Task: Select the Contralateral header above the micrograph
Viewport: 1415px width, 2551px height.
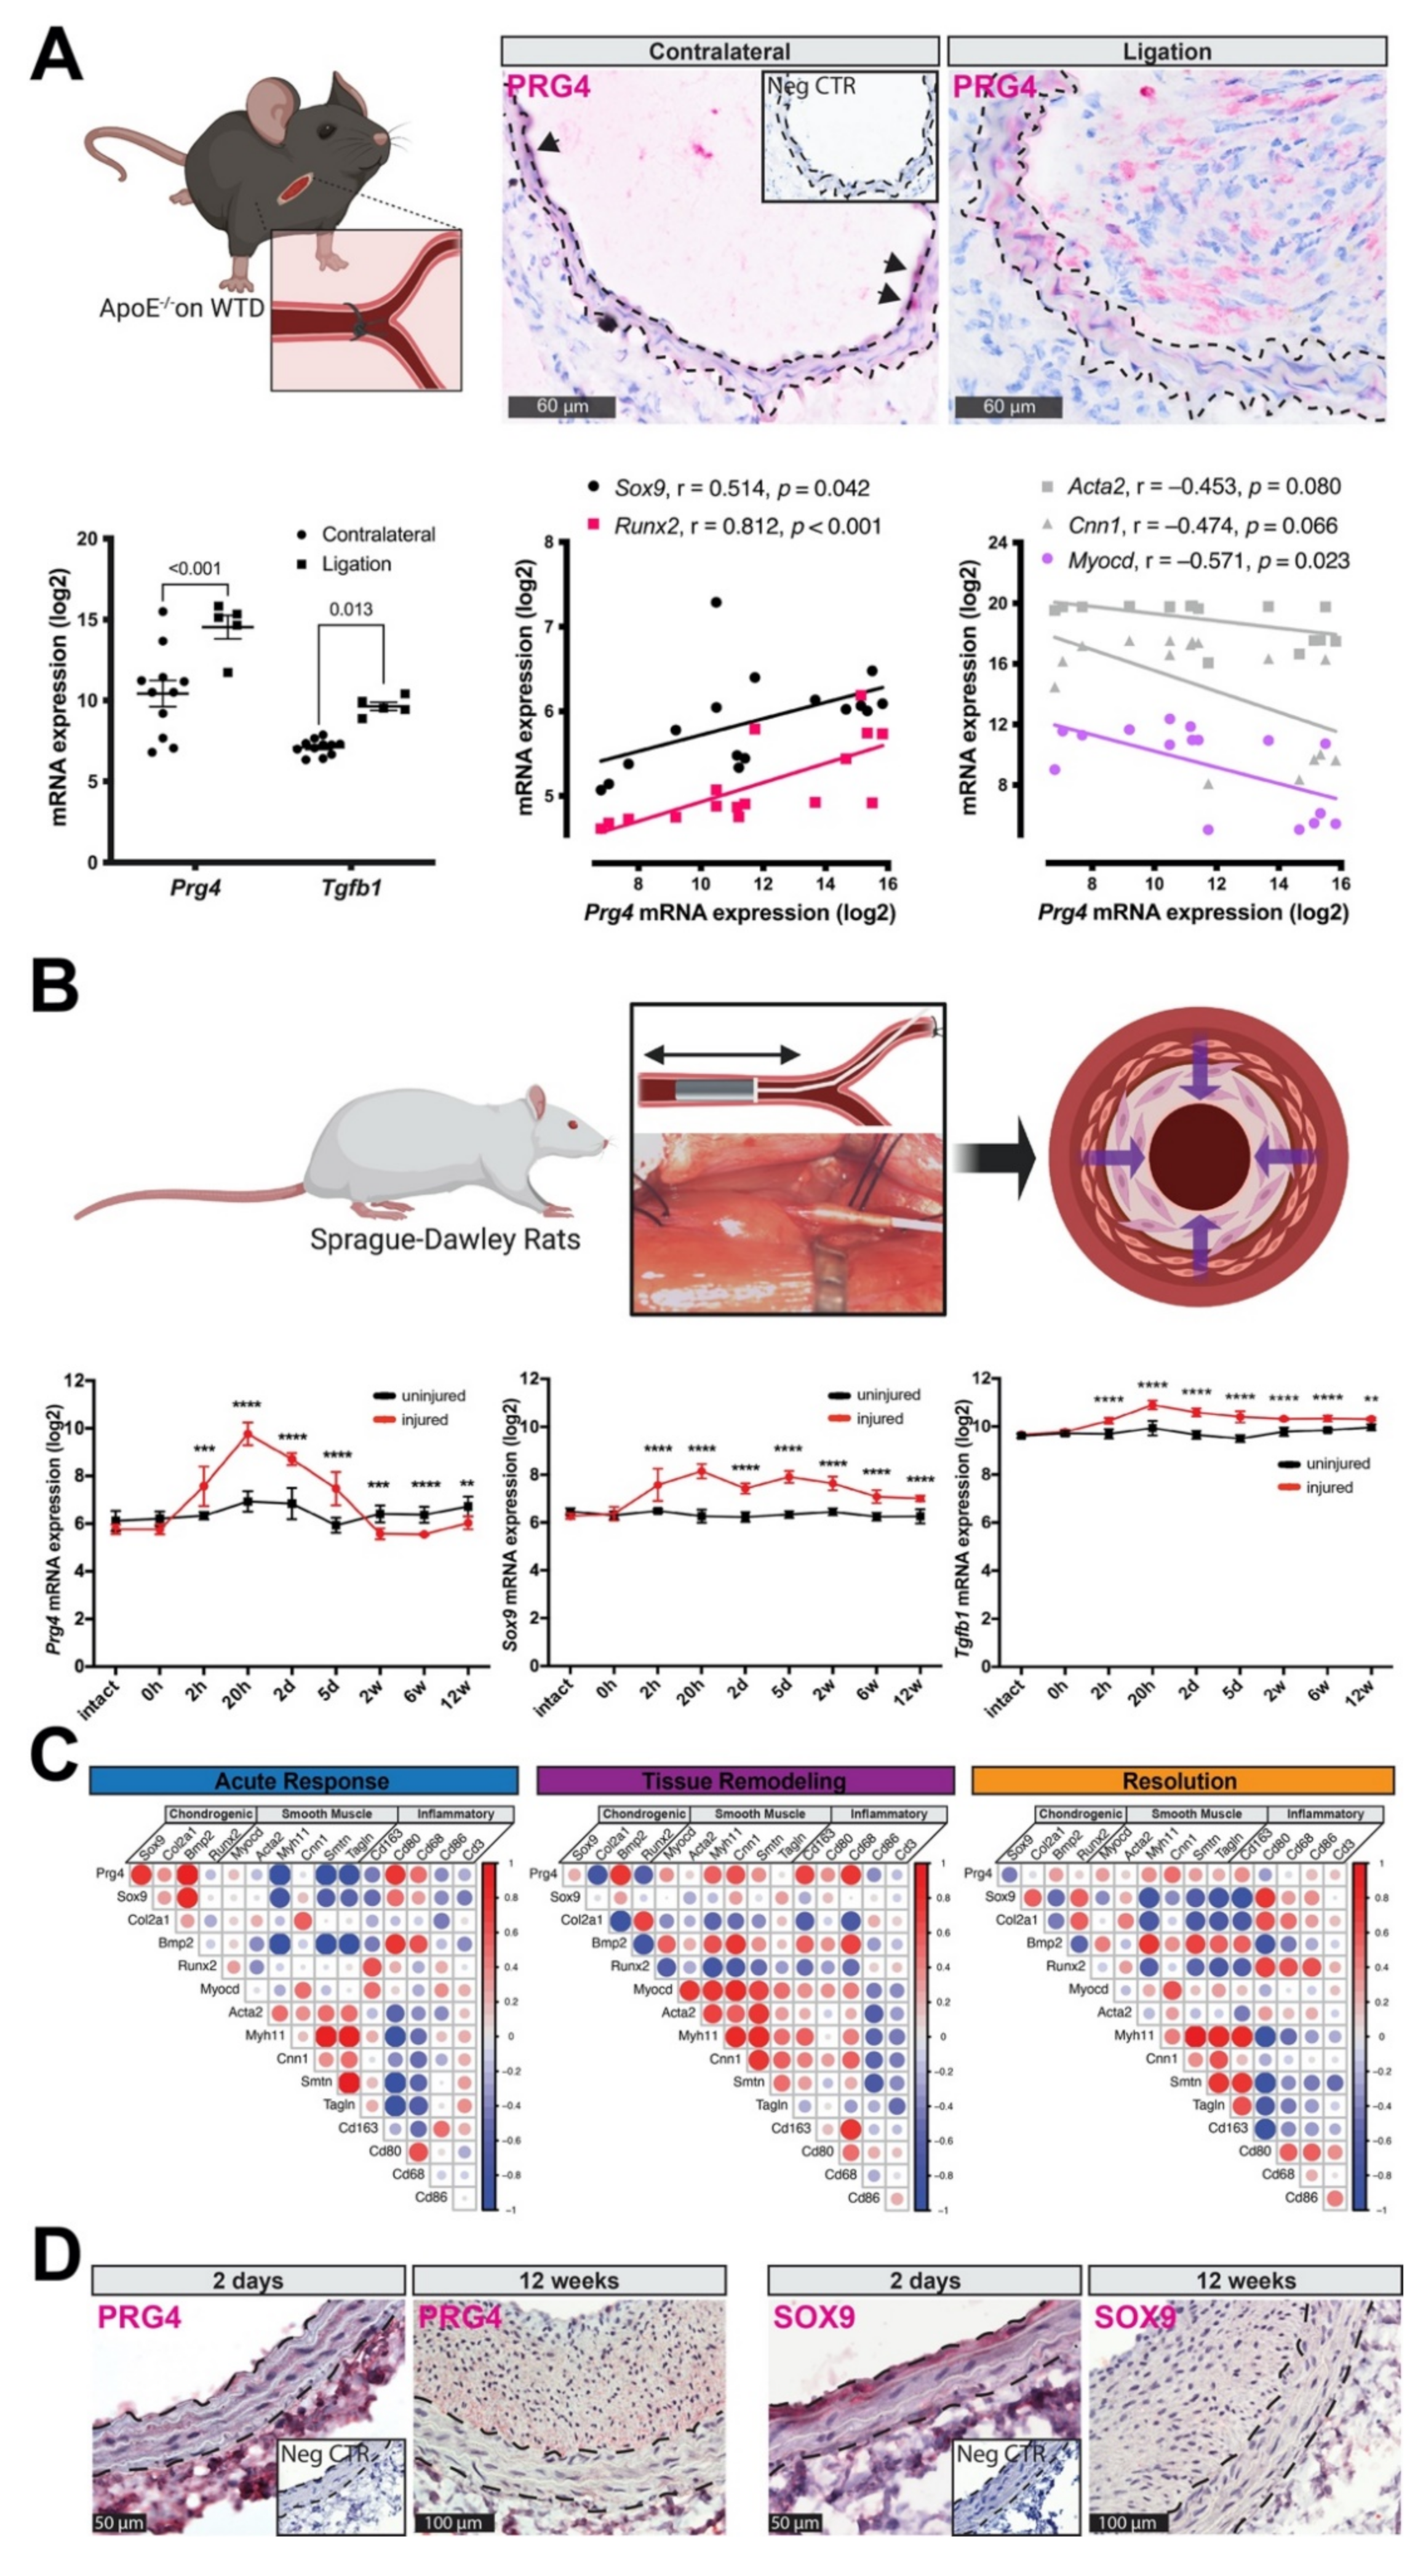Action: pos(719,52)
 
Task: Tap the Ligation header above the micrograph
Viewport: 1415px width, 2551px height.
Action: pos(1166,52)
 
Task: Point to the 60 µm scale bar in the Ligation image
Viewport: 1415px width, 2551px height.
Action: pos(1008,406)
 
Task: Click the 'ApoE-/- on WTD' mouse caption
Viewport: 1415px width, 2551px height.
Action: pos(181,308)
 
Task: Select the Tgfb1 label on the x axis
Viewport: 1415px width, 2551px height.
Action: pos(351,887)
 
